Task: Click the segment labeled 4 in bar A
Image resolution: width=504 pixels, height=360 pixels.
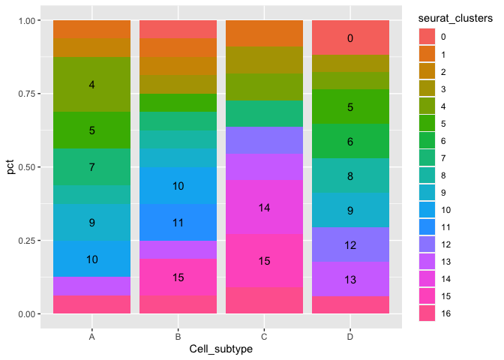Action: point(91,85)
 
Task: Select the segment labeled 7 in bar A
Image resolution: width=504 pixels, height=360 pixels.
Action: point(91,167)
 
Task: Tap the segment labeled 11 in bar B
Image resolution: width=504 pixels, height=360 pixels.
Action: point(178,223)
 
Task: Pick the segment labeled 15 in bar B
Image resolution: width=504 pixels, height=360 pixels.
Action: point(178,277)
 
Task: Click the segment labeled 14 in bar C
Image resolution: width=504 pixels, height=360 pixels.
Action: point(264,207)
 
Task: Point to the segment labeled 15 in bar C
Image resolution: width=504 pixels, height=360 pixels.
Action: point(264,261)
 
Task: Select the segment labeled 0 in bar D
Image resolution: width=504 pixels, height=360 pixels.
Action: point(350,38)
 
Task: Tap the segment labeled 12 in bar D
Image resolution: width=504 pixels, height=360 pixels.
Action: point(350,245)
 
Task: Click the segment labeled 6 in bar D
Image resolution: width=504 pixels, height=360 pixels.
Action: point(350,141)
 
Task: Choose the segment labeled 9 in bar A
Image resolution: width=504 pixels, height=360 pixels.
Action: point(91,223)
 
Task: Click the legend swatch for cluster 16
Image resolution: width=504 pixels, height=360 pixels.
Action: point(427,313)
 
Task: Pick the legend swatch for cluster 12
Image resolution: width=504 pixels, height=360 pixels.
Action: point(427,244)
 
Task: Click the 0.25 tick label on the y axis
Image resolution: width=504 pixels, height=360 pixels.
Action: point(30,240)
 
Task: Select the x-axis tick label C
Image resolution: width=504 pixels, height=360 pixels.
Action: point(264,337)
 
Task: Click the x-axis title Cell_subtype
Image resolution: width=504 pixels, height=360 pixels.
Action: point(220,350)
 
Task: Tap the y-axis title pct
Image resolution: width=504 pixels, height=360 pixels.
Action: point(10,167)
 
